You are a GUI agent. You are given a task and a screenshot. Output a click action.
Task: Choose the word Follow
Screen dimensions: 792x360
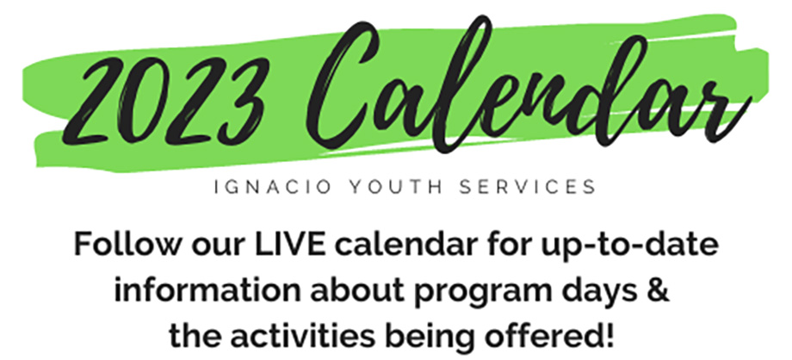coord(127,245)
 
